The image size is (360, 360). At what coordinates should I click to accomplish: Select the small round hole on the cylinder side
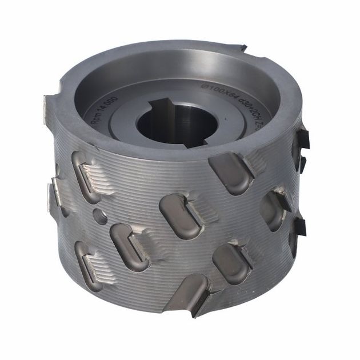pos(99,217)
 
